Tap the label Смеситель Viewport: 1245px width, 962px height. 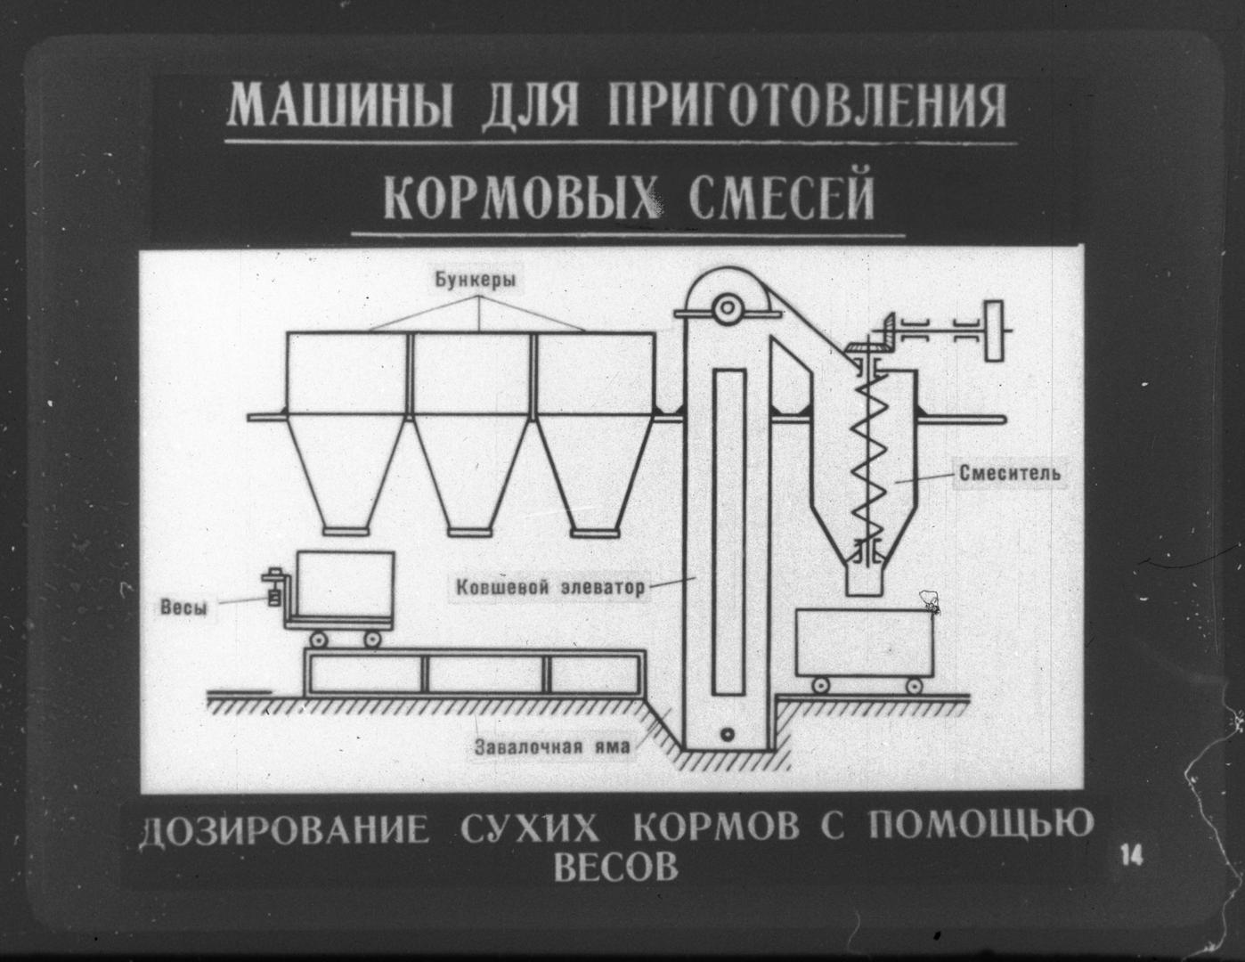[1010, 472]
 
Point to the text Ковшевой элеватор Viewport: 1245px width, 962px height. [549, 588]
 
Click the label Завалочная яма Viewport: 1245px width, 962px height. [552, 746]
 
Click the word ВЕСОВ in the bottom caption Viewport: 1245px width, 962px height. [615, 866]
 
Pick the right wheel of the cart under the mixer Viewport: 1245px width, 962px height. [915, 684]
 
